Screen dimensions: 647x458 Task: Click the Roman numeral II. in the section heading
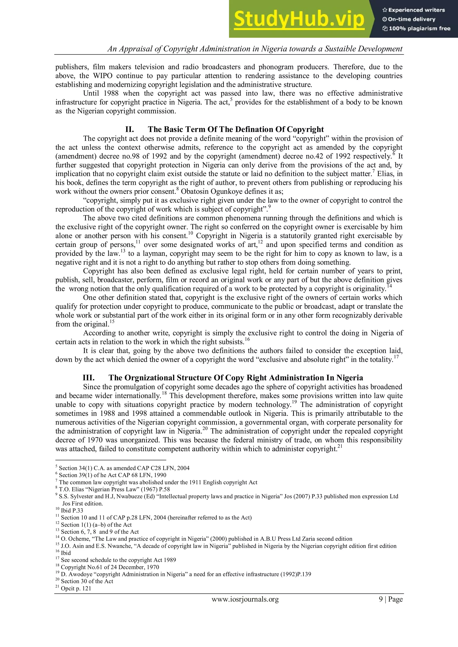(x=129, y=129)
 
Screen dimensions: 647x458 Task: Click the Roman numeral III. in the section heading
(x=89, y=378)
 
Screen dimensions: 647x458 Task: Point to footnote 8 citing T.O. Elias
(x=114, y=489)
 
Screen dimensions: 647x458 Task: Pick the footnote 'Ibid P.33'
(x=72, y=510)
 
